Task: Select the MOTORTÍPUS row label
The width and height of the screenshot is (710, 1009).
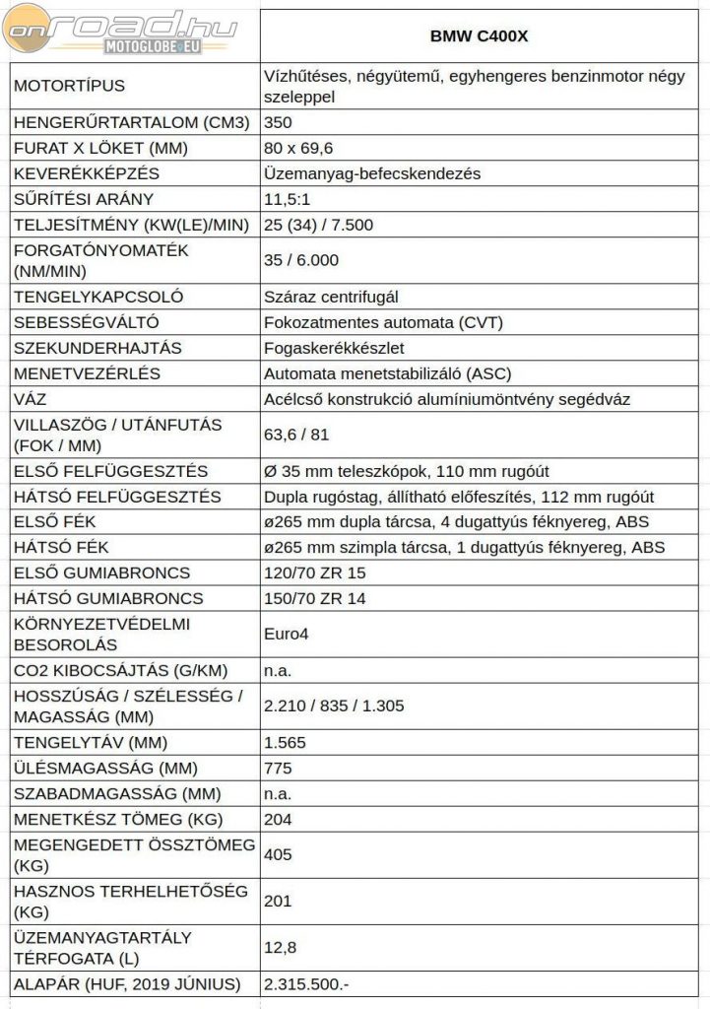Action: click(x=70, y=86)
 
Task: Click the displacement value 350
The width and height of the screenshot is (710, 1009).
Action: click(x=279, y=123)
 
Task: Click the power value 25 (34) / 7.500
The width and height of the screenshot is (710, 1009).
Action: click(x=318, y=225)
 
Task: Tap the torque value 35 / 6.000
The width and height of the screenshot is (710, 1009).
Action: click(x=301, y=260)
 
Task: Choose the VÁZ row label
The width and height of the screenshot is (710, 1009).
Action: click(x=31, y=399)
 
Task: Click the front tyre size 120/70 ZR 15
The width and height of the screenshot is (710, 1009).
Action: click(x=315, y=572)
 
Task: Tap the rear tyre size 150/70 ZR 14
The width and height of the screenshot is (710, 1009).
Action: click(x=315, y=598)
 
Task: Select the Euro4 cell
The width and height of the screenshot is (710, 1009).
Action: click(x=287, y=634)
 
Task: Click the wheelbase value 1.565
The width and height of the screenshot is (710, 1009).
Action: click(x=286, y=742)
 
